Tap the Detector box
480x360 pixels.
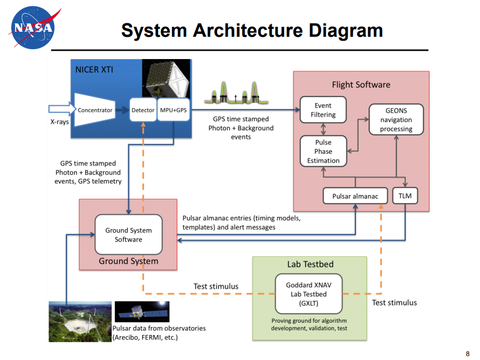point(143,110)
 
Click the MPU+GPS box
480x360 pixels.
point(174,110)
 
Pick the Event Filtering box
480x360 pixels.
point(323,110)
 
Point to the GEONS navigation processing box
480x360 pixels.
point(396,119)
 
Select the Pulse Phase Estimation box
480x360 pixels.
point(323,151)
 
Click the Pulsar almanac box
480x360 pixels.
point(355,196)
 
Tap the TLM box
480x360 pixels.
point(405,196)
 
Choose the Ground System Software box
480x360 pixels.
point(129,235)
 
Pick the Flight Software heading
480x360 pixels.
point(361,85)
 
